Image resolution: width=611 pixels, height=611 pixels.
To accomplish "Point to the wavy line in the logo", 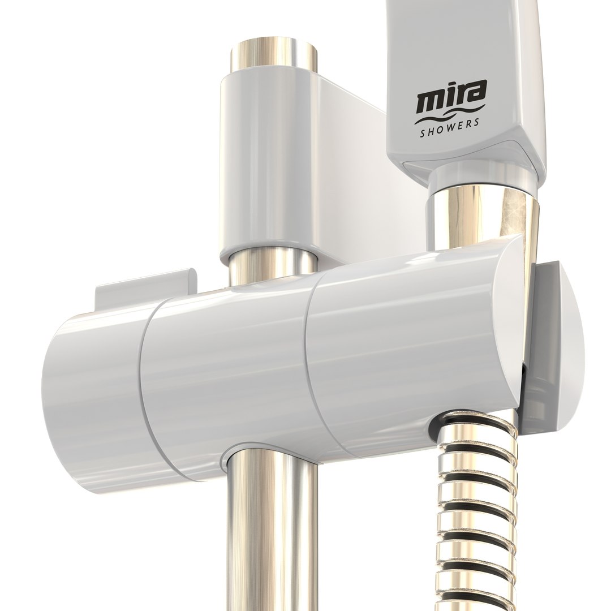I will point(449,117).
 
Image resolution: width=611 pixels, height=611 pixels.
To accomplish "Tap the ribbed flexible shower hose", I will point(478,509).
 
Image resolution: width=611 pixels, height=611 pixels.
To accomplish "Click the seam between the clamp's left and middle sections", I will point(148,385).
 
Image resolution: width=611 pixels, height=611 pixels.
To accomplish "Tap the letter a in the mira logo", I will point(476,94).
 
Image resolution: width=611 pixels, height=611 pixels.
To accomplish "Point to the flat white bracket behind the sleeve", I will point(362,170).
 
